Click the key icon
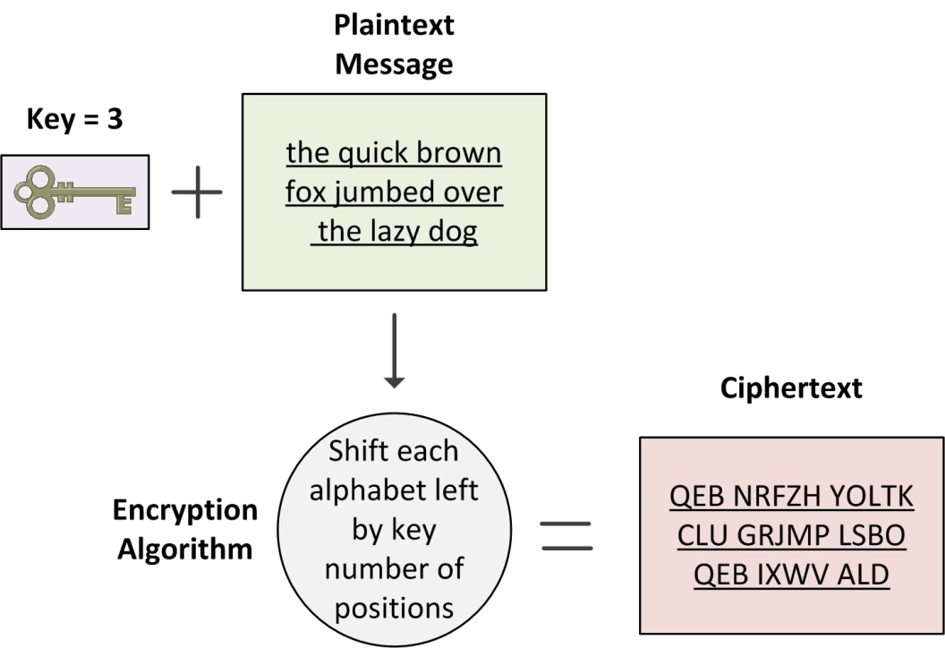pos(74,192)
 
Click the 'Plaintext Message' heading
pos(394,45)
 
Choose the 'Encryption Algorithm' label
pos(185,530)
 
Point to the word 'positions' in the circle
pos(394,609)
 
